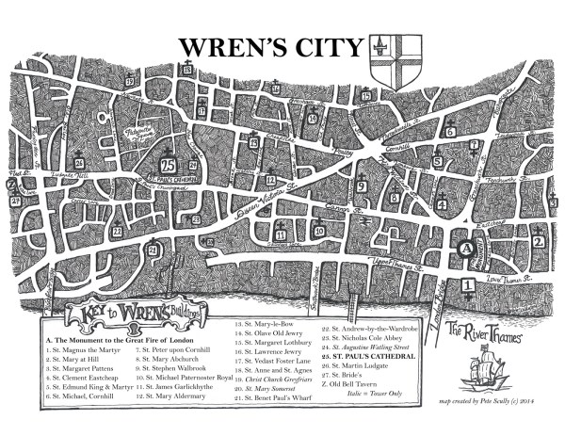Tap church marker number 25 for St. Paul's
[x=167, y=171]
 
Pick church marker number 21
[x=153, y=251]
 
